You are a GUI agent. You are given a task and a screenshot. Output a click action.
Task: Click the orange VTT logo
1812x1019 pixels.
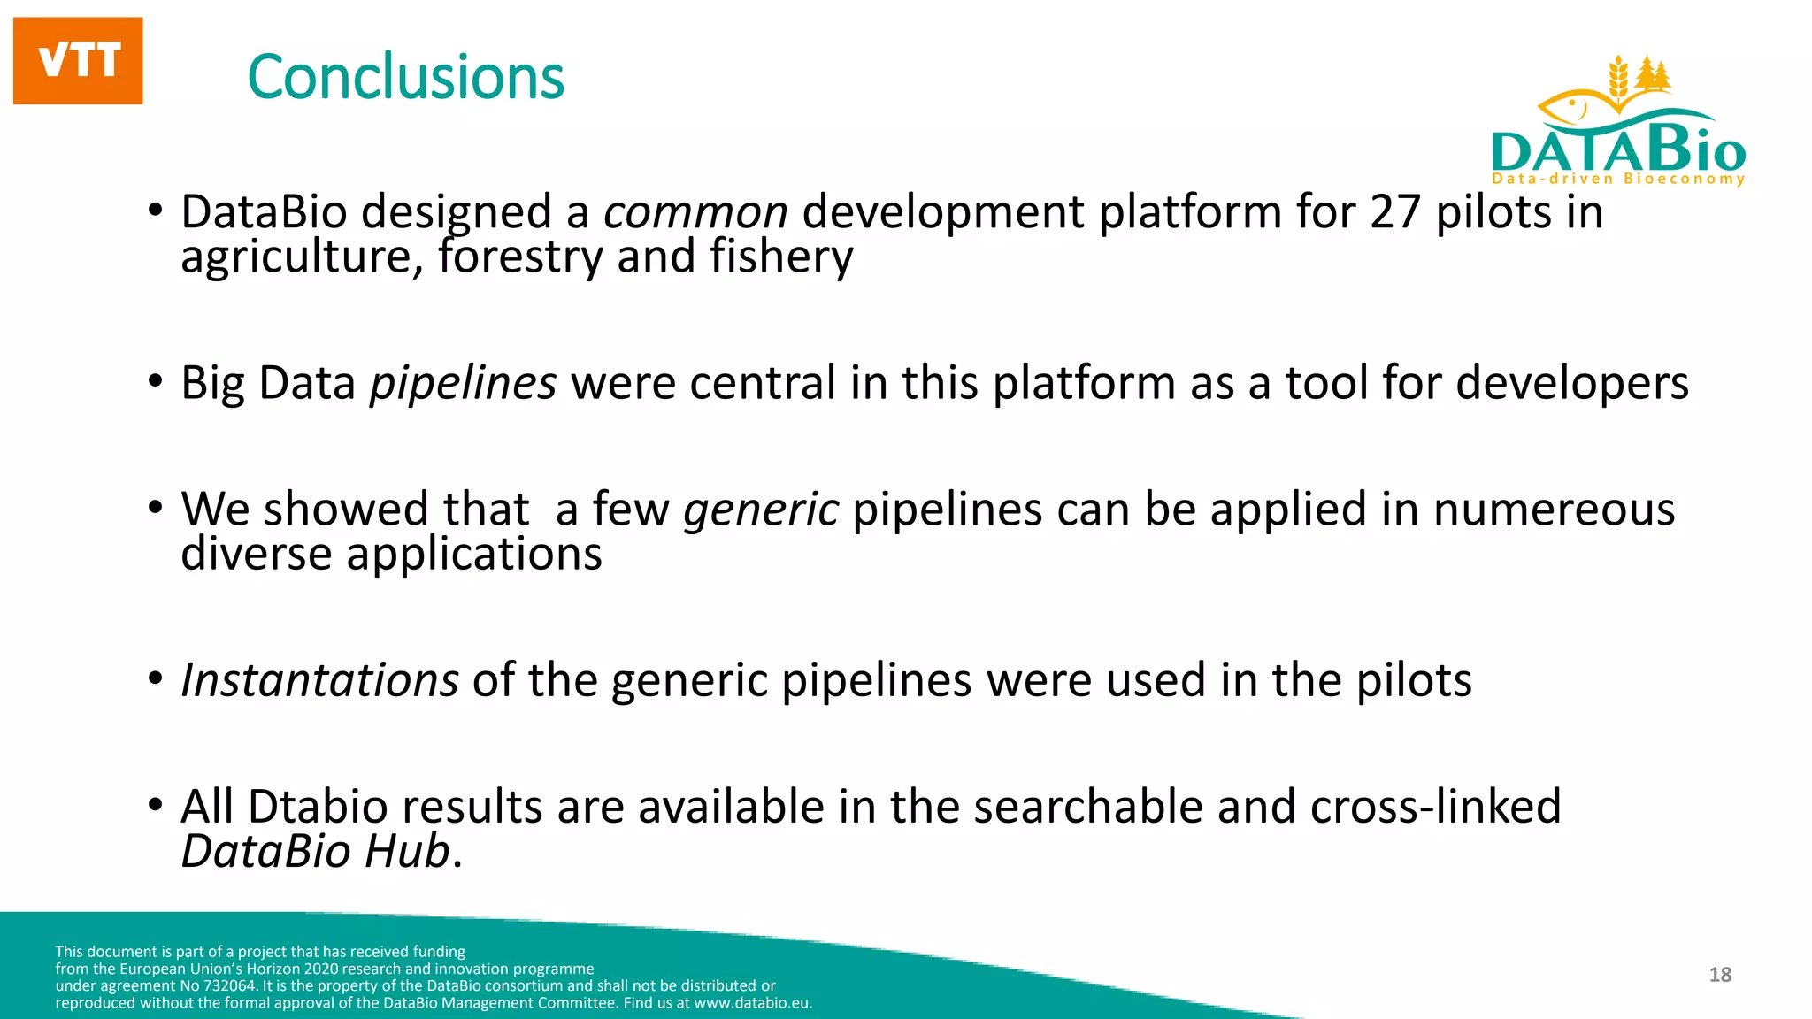click(x=78, y=60)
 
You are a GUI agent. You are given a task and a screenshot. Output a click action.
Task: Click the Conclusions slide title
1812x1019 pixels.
click(x=405, y=78)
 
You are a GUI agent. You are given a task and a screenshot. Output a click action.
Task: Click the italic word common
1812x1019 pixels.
click(x=695, y=212)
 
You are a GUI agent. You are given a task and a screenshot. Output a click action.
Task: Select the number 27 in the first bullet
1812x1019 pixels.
click(x=1395, y=212)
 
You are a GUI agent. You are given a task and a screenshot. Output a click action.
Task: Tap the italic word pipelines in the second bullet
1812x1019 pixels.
click(x=463, y=383)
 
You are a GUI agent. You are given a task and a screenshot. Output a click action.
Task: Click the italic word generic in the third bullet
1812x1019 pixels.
click(x=760, y=509)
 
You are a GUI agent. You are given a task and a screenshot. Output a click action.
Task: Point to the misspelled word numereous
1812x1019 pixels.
click(x=1554, y=509)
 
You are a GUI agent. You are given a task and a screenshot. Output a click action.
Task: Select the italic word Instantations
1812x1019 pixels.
click(x=319, y=680)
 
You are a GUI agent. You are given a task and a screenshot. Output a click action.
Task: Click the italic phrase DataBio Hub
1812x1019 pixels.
click(x=316, y=851)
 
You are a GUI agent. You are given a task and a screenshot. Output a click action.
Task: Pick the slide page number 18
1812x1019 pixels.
click(x=1720, y=975)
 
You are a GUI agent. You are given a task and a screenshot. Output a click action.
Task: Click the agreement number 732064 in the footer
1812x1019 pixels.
click(x=231, y=986)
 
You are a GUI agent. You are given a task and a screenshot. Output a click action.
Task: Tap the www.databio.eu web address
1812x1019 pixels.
click(x=751, y=1003)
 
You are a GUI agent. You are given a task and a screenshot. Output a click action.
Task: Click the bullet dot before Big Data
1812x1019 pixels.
click(x=156, y=381)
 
